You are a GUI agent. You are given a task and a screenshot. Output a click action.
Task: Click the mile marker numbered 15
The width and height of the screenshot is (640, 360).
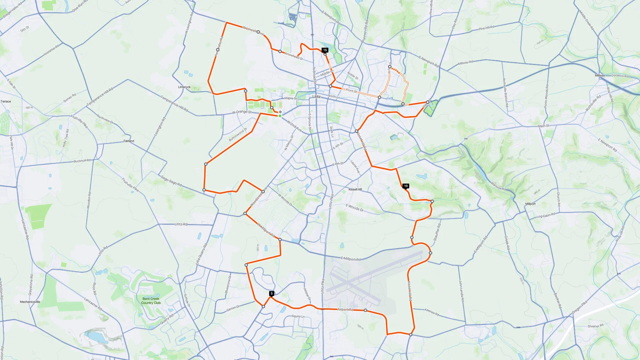(x=325, y=50)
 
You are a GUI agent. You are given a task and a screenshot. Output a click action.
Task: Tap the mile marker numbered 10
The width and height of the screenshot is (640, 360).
(x=405, y=186)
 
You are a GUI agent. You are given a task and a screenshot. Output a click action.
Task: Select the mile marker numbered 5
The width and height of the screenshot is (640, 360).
(x=272, y=293)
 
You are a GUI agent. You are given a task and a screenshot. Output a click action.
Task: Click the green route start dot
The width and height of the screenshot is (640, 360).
(x=280, y=116)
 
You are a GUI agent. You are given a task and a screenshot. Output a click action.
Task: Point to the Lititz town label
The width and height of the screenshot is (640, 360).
(x=316, y=97)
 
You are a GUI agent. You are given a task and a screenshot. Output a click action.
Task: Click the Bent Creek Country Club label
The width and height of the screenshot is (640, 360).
(x=151, y=301)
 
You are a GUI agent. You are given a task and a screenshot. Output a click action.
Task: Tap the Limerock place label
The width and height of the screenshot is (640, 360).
(x=184, y=87)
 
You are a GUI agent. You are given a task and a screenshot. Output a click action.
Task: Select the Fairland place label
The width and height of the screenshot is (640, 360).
(x=129, y=141)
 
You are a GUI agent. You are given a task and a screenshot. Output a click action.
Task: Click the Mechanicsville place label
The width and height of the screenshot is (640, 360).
(x=30, y=302)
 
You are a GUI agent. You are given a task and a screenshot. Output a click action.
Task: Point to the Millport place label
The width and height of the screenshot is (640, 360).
(x=530, y=204)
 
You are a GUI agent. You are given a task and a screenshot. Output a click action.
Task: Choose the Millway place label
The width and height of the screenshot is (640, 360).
(x=600, y=75)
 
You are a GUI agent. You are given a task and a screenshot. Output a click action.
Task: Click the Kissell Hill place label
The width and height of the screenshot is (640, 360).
(x=355, y=189)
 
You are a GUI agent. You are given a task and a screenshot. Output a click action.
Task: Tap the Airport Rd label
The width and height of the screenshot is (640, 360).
(x=345, y=310)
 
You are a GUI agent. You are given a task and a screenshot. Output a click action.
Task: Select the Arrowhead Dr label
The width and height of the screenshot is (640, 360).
(x=294, y=56)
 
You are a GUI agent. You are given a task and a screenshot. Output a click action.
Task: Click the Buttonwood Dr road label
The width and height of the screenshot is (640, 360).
(x=238, y=134)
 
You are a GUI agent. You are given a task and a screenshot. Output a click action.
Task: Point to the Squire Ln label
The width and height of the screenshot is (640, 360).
(x=298, y=316)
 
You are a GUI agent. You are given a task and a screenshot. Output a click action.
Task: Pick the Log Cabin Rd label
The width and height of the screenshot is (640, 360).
(x=546, y=216)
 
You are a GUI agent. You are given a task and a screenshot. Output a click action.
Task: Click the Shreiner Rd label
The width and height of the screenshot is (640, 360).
(x=595, y=326)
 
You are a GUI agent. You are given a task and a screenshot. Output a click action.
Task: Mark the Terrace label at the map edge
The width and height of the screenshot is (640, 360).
(x=6, y=101)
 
